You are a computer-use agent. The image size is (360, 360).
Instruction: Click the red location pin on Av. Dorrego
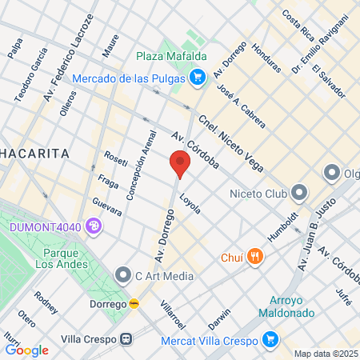click(180, 165)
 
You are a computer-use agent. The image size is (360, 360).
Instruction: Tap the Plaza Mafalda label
click(171, 56)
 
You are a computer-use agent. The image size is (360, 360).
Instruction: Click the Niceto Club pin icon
click(299, 192)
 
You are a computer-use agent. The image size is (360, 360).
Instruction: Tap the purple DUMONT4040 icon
click(94, 227)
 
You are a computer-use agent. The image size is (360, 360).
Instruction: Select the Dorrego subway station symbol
click(134, 304)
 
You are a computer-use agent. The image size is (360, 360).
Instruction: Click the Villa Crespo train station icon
click(126, 338)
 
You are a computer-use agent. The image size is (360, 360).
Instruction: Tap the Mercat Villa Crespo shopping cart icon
click(270, 338)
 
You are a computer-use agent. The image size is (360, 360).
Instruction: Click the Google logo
click(26, 350)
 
